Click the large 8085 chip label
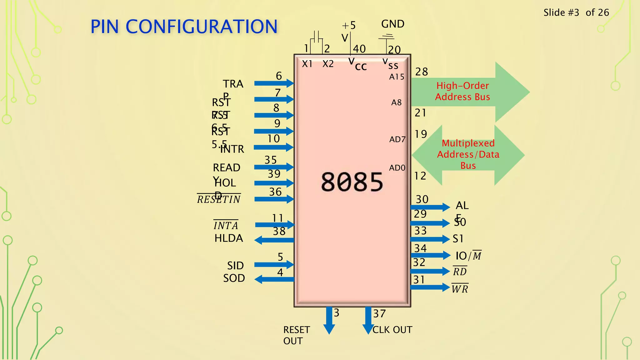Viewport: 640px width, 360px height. (x=352, y=182)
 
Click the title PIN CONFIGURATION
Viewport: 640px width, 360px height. (x=184, y=27)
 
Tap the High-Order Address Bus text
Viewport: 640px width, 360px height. (x=462, y=91)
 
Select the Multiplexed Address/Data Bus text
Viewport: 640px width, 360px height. (x=468, y=154)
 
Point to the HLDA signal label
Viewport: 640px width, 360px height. (x=228, y=238)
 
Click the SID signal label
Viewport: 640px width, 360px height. (x=235, y=266)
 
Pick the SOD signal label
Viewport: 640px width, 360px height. (x=234, y=278)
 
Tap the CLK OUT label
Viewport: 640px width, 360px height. (x=392, y=330)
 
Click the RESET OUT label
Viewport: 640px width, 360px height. (x=296, y=335)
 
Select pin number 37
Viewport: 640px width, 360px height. (x=379, y=314)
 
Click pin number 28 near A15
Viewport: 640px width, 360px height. (x=421, y=72)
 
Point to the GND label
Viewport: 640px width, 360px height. (x=392, y=24)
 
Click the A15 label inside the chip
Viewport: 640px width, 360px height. (x=397, y=77)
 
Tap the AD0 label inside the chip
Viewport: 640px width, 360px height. (x=397, y=168)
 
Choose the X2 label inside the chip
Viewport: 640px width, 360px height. (x=328, y=64)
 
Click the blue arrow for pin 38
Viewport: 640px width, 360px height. (x=274, y=240)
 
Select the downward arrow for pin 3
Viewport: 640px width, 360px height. (x=329, y=320)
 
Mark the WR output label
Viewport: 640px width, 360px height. (x=460, y=289)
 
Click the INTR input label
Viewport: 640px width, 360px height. (x=232, y=149)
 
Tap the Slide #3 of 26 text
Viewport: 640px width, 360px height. (x=576, y=12)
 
